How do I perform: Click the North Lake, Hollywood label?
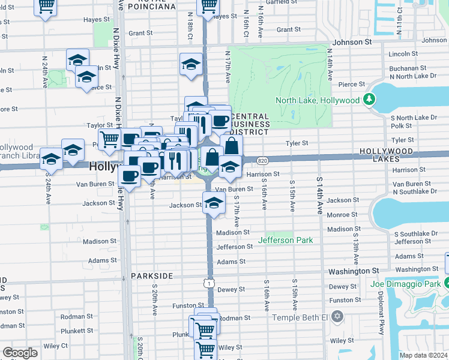[x=317, y=101]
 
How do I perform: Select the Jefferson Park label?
[x=286, y=240]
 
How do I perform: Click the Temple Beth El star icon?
[x=337, y=316]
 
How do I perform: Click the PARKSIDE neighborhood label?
[x=152, y=276]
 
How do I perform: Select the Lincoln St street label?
[x=403, y=54]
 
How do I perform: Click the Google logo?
[x=20, y=353]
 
